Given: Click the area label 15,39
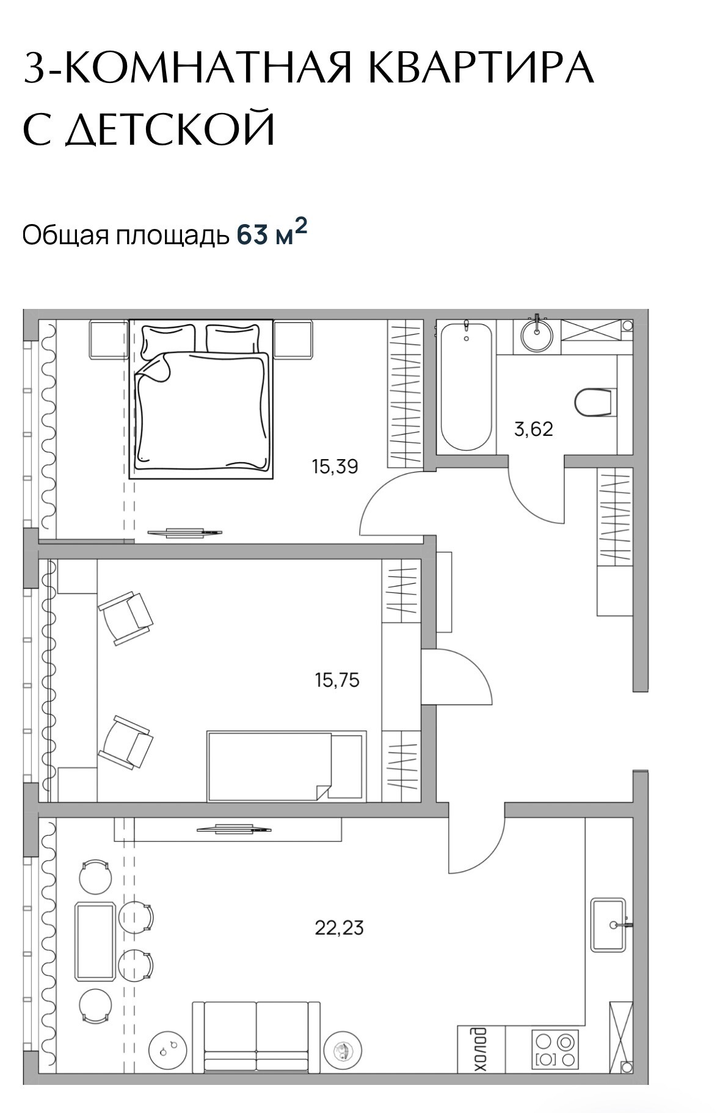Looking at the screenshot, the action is click(x=335, y=467).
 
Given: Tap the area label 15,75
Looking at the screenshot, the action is click(x=337, y=680).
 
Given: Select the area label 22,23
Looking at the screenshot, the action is click(x=339, y=928).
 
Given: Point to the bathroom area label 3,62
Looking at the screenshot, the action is click(x=533, y=429).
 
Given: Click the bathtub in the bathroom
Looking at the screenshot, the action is click(x=466, y=386).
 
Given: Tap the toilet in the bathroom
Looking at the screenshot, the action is click(x=593, y=402).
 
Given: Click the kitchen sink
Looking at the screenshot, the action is click(x=609, y=924).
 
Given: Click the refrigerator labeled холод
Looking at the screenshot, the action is click(x=482, y=1049).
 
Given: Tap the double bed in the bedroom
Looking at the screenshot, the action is click(x=201, y=399).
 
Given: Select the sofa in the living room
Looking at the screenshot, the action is click(x=256, y=1036).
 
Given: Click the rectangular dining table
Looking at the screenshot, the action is click(x=95, y=942).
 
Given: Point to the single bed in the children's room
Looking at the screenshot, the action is click(x=286, y=766).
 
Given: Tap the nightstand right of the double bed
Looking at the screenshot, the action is click(x=294, y=339).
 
